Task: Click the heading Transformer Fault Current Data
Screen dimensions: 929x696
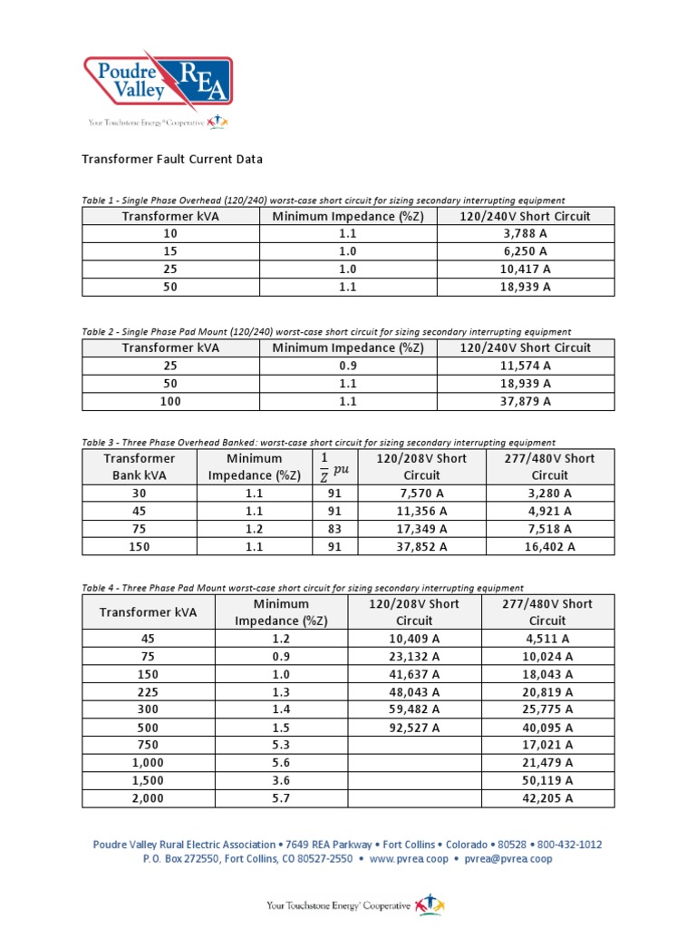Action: [172, 159]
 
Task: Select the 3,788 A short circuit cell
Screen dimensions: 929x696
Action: [526, 234]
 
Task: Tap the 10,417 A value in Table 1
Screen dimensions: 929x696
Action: [526, 269]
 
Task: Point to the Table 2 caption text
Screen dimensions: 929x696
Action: [326, 332]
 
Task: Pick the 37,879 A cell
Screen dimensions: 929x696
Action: [526, 401]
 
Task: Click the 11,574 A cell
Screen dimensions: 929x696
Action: [526, 366]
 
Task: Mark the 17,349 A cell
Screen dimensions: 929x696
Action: [421, 529]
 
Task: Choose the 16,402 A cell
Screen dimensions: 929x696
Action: [549, 546]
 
